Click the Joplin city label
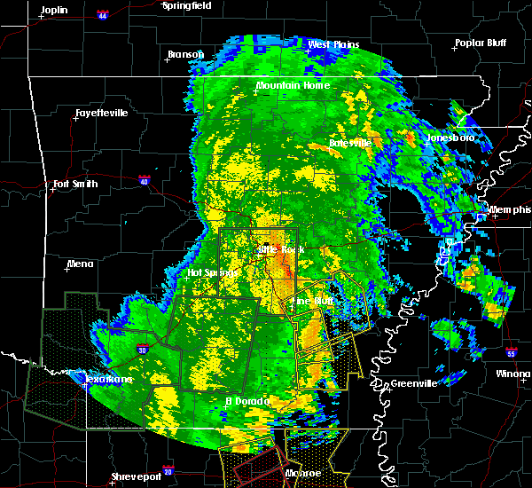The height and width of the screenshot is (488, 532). coord(54,9)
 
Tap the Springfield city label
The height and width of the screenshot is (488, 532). coord(186,5)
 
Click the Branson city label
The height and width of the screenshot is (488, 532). coord(185,54)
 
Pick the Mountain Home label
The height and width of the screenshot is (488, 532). coord(293,85)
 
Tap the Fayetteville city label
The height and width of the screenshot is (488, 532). coord(101,113)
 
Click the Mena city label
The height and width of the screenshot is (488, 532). coord(81,264)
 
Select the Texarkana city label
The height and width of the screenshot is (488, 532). coord(108,379)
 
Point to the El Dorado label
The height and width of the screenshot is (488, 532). coord(244,401)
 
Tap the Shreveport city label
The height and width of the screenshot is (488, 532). coord(137,477)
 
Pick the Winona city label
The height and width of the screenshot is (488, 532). coord(513,374)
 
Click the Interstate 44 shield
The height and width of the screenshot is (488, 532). coord(103,14)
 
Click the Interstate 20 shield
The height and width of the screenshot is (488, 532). coord(168,470)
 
